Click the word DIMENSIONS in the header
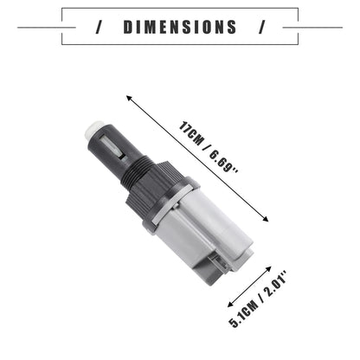pyautogui.click(x=180, y=27)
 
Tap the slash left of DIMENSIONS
pyautogui.click(x=99, y=27)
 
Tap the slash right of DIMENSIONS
pyautogui.click(x=261, y=27)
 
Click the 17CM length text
pyautogui.click(x=190, y=134)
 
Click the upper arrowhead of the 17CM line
pyautogui.click(x=129, y=99)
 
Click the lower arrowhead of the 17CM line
pyautogui.click(x=266, y=219)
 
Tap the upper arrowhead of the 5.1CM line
pyautogui.click(x=268, y=269)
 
